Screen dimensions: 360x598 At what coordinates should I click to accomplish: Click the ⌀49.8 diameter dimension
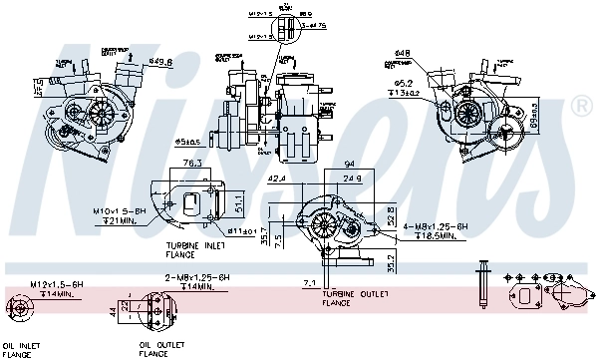click(160, 62)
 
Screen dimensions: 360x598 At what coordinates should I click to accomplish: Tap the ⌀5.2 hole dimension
click(403, 83)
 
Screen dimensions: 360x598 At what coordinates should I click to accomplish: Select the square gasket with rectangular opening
click(525, 296)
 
